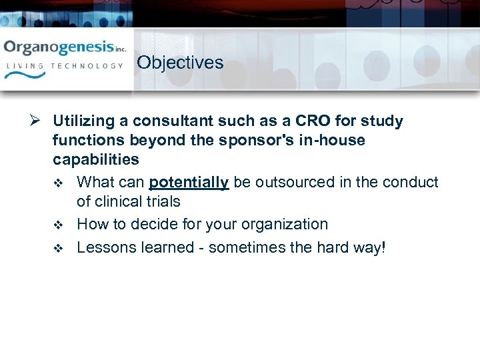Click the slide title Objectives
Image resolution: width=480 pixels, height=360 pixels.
click(x=180, y=63)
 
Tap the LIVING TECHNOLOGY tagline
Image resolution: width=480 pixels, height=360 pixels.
click(x=65, y=66)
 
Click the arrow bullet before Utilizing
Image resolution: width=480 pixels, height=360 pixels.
click(x=37, y=121)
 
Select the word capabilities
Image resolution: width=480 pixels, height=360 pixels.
click(x=96, y=160)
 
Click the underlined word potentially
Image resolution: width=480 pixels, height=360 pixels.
click(x=189, y=182)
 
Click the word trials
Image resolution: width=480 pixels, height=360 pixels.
click(x=162, y=201)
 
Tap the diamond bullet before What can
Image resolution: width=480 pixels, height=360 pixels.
click(x=58, y=183)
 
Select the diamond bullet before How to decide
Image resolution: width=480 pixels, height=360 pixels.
click(x=58, y=225)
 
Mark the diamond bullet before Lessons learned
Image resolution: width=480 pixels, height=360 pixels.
click(x=58, y=248)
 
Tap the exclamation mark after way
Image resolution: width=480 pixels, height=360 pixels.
click(x=383, y=247)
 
